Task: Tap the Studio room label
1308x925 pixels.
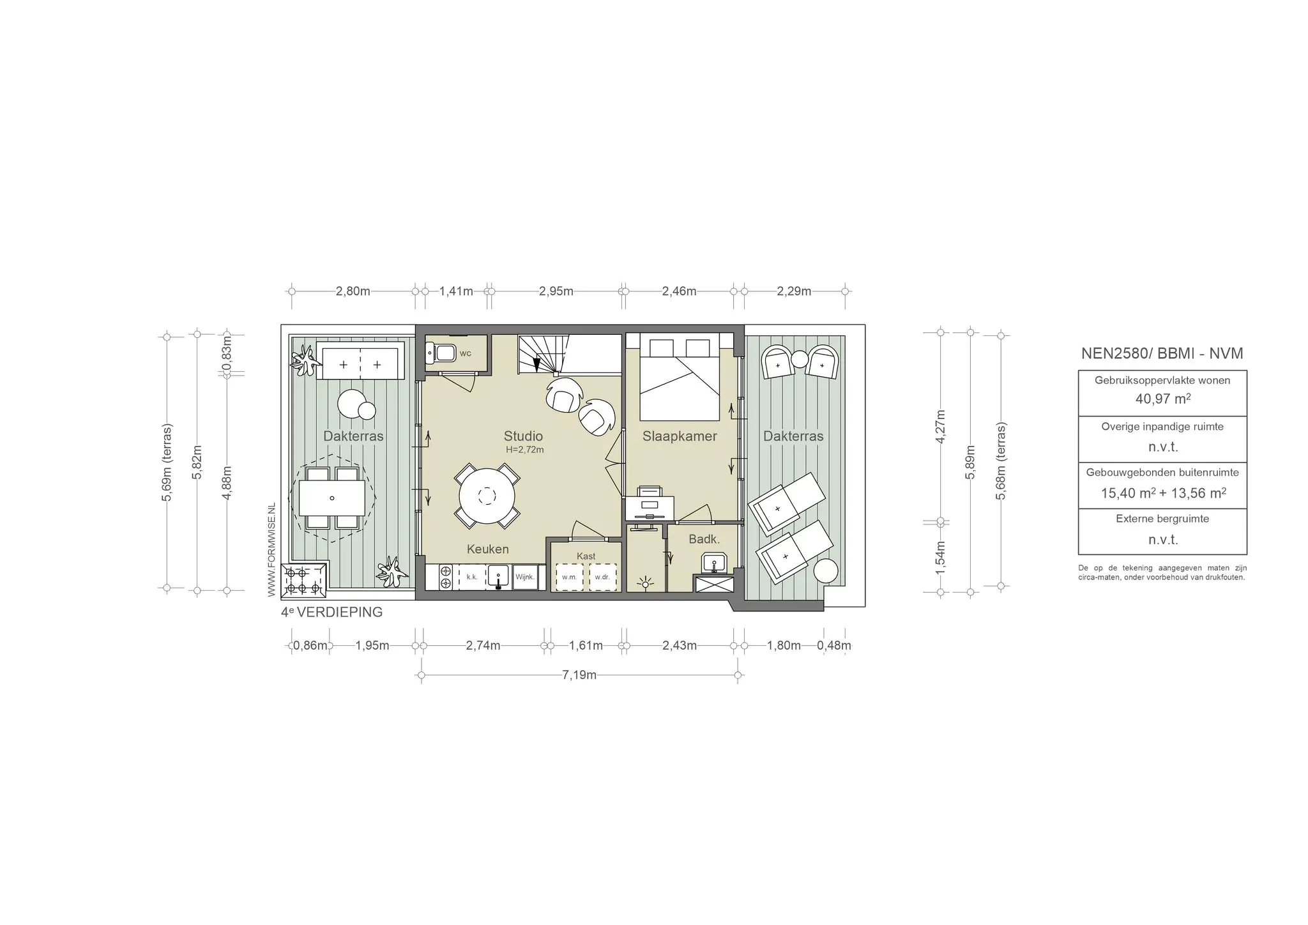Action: [523, 436]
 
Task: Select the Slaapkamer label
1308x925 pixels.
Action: [680, 436]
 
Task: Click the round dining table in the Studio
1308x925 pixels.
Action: [487, 496]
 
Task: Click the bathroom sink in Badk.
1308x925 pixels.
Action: [713, 563]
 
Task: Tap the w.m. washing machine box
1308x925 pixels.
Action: [569, 577]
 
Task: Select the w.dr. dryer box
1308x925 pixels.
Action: [602, 577]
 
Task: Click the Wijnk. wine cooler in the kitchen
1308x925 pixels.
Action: [524, 577]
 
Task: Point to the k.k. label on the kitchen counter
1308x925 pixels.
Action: [472, 577]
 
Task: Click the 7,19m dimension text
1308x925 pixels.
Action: [579, 675]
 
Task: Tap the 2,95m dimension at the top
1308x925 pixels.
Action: [556, 291]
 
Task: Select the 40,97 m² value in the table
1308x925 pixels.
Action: [1163, 399]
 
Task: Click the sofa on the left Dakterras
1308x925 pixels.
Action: [360, 362]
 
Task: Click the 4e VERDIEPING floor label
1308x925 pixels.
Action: [332, 612]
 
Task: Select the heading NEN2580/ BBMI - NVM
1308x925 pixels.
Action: [1162, 353]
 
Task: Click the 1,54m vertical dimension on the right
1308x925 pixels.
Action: [940, 558]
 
